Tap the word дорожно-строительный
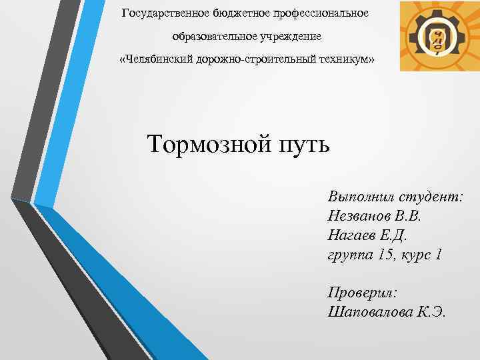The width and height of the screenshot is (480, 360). [x=253, y=60]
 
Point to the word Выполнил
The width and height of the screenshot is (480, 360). [x=361, y=198]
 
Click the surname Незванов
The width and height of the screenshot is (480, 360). [x=361, y=217]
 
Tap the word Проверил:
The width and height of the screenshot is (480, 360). [x=363, y=293]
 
